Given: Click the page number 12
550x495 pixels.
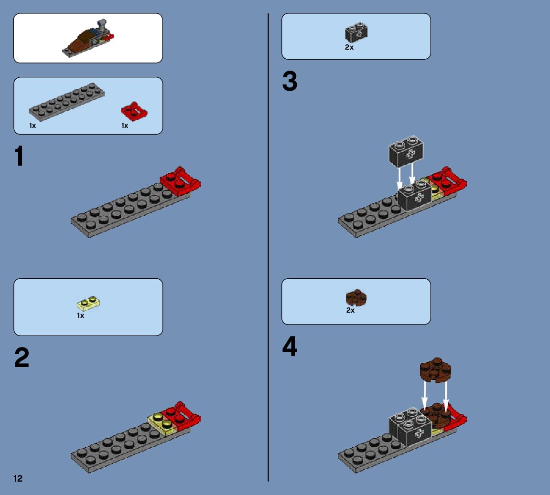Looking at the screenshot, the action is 18,478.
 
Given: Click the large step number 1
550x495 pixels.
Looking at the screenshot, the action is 19,157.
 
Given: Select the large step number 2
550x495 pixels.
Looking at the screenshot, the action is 22,358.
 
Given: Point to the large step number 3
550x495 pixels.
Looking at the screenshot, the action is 290,82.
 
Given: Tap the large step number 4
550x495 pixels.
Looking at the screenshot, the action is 290,347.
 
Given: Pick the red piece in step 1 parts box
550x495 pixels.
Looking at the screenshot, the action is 134,111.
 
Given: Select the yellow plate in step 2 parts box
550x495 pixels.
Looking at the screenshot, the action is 89,303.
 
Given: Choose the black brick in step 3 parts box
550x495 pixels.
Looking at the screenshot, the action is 356,32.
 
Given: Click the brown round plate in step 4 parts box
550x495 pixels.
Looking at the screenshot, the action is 356,298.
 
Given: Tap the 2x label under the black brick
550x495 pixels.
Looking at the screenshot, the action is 349,47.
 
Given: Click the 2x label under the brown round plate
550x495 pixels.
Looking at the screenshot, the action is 351,310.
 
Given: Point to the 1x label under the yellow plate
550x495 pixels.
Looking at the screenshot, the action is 81,316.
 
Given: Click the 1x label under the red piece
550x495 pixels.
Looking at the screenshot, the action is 125,126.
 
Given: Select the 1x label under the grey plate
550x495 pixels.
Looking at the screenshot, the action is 32,126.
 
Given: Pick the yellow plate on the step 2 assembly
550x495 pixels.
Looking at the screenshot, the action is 161,423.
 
